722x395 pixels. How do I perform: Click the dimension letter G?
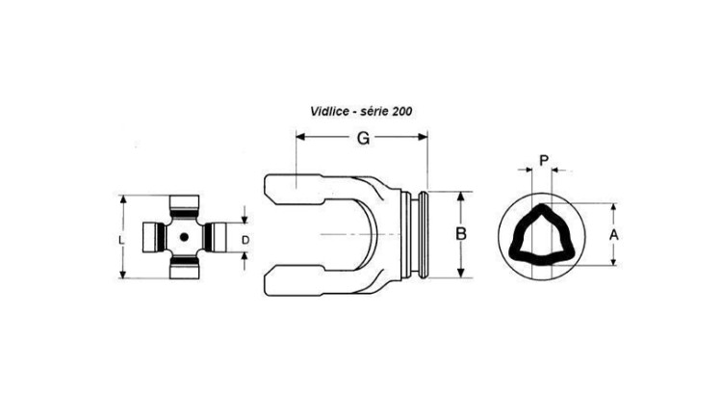(x=363, y=139)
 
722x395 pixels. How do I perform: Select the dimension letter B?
(x=461, y=234)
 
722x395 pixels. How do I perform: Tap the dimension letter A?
(x=614, y=235)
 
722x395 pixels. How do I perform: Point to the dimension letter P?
(x=544, y=161)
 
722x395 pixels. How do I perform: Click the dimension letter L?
(x=121, y=240)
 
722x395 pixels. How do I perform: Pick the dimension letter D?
(x=245, y=240)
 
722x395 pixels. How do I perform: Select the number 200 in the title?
(x=402, y=112)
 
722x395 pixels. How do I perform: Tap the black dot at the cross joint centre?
(x=184, y=237)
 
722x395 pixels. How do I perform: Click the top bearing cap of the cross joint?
(x=184, y=202)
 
